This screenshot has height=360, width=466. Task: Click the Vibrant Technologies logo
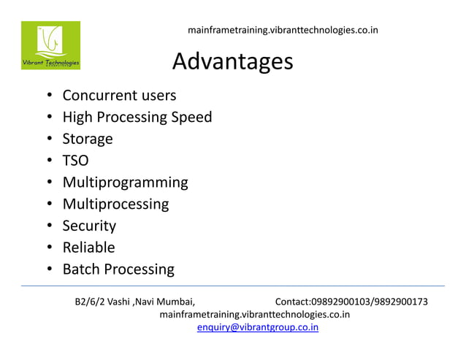click(x=50, y=45)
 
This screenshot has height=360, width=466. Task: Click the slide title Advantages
click(x=232, y=62)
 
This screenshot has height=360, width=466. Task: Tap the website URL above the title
click(x=283, y=31)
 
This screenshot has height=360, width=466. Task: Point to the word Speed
click(x=191, y=117)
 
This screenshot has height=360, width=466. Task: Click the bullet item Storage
click(x=88, y=139)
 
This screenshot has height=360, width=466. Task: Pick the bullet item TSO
click(x=75, y=161)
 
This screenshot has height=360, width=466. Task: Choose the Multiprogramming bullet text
click(x=125, y=183)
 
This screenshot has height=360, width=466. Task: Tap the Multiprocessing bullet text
click(x=115, y=204)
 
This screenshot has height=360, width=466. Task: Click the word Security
click(x=89, y=226)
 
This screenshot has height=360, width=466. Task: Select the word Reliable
click(x=88, y=248)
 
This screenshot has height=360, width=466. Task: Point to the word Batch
click(x=81, y=269)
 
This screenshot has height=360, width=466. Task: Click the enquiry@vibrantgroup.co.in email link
click(x=258, y=327)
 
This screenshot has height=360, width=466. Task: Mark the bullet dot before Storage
click(x=49, y=139)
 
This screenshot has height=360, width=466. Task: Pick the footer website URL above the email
click(x=254, y=315)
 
